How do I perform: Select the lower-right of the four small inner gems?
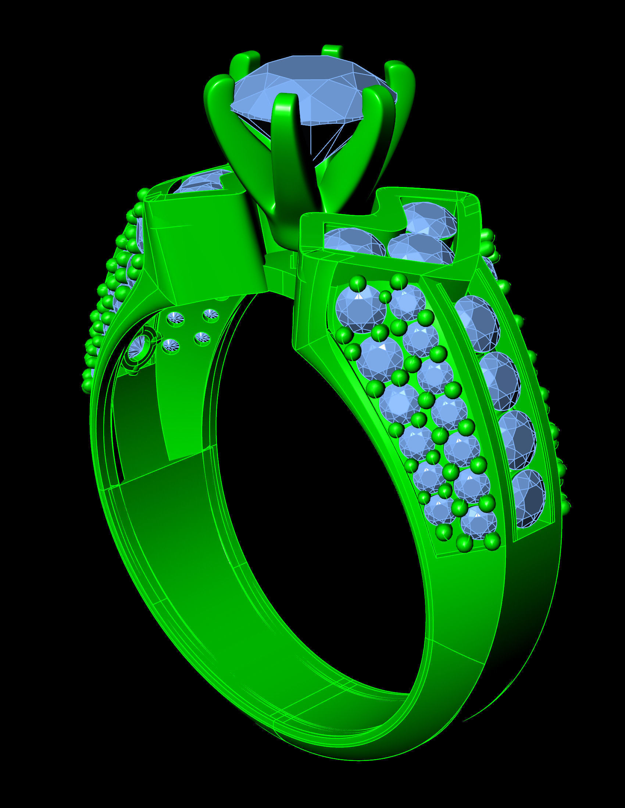click(x=202, y=338)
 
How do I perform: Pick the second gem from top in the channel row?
click(x=500, y=380)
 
